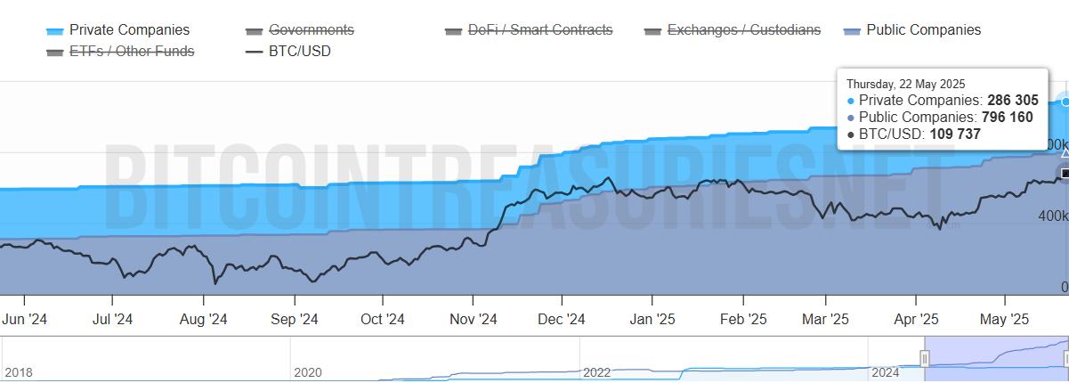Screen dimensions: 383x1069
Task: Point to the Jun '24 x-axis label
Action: click(x=25, y=319)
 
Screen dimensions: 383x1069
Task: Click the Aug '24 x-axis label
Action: click(x=203, y=319)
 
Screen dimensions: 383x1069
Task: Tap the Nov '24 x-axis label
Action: click(x=473, y=319)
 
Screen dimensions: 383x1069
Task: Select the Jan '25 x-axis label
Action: click(x=652, y=319)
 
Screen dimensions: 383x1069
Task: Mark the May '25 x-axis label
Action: click(x=1005, y=319)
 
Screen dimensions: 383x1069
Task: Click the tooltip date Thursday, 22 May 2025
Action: click(x=905, y=84)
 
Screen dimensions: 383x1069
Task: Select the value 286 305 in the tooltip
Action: click(x=1012, y=101)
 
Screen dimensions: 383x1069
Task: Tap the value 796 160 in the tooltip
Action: click(x=1007, y=118)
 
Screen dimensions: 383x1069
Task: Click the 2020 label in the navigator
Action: click(x=307, y=372)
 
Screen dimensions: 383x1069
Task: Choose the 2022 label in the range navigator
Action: click(x=596, y=372)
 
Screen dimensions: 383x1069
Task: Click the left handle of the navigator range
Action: click(x=924, y=359)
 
